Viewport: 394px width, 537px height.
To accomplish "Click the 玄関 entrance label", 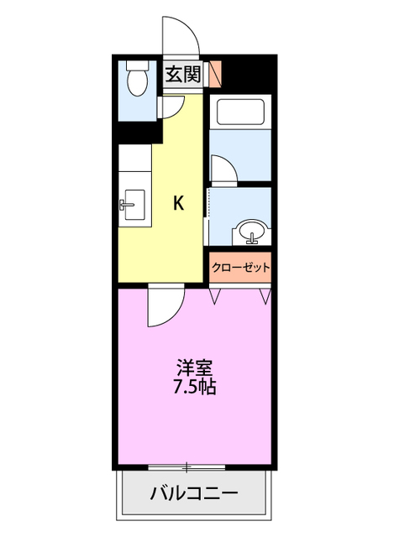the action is tap(182, 75).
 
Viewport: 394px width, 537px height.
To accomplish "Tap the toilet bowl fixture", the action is tap(137, 83).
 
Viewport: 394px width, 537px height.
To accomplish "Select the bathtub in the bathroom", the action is tap(240, 112).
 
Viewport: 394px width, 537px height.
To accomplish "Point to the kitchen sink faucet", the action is tap(126, 205).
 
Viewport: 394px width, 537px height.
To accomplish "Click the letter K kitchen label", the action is tap(178, 203).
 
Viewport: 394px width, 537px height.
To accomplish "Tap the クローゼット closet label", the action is tap(241, 267).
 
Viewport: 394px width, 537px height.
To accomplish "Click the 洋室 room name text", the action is tap(194, 368).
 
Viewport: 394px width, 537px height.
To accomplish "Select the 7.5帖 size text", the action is tap(194, 387).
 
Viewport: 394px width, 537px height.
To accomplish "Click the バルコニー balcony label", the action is tap(194, 493).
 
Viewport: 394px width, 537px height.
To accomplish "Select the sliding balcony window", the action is tap(186, 467).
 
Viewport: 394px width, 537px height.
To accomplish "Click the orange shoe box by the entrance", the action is tap(216, 73).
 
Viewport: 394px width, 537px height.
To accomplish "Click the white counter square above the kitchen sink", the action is tap(135, 158).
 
